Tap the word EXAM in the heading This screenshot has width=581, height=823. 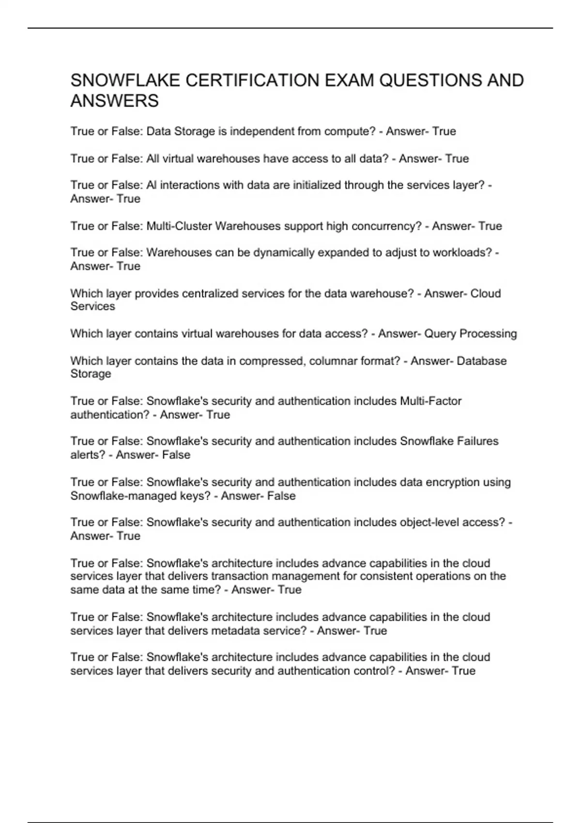coord(349,80)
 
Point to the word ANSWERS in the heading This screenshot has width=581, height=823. coord(114,101)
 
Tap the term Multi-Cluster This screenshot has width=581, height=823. coord(179,226)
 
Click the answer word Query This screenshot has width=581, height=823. coord(440,334)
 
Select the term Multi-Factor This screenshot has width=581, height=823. coord(430,401)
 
